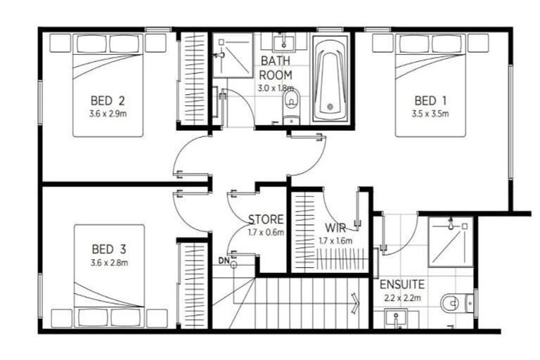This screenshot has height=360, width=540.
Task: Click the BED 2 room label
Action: (x=108, y=99)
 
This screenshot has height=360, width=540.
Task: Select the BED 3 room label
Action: (x=108, y=249)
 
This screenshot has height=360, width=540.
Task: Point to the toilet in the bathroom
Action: (x=290, y=106)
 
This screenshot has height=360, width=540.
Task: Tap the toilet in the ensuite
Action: (x=454, y=303)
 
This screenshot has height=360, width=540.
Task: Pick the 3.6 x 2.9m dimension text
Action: (x=108, y=112)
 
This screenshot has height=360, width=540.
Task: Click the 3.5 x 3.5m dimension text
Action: (x=430, y=112)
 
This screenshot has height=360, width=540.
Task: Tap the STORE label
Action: (x=265, y=219)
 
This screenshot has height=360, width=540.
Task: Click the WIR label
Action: (x=334, y=229)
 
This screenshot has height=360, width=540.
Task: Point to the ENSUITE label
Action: (x=401, y=285)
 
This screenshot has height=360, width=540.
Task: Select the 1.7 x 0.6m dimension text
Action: (x=265, y=232)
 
